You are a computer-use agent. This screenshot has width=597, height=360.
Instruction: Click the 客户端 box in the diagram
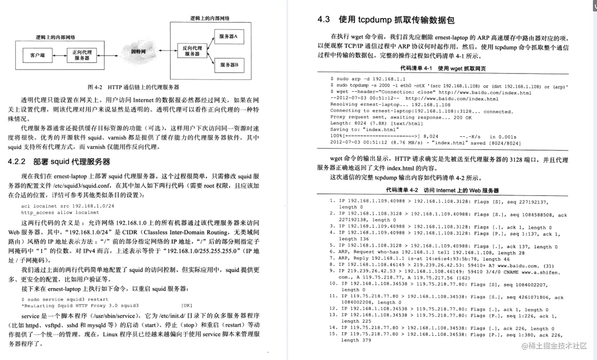38,55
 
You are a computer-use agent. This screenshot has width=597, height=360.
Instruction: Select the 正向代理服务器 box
82,55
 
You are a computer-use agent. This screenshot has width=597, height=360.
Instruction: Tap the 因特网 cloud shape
138,51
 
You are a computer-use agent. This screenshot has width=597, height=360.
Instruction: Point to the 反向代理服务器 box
192,51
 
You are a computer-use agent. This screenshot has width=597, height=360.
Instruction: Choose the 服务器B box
229,65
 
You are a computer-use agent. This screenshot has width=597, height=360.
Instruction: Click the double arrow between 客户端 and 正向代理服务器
60,55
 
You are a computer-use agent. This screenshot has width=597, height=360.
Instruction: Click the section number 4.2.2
17,162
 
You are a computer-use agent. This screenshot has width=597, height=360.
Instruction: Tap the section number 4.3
324,20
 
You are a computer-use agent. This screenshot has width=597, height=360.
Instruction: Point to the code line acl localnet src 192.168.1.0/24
68,206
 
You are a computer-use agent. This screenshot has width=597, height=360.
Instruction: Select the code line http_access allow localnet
60,212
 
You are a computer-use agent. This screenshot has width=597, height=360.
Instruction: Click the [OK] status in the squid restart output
186,306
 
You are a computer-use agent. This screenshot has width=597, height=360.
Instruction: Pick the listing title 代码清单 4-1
416,69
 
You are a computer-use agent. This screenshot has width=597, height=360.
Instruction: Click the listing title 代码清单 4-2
402,190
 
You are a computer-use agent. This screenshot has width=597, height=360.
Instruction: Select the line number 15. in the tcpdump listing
333,334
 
